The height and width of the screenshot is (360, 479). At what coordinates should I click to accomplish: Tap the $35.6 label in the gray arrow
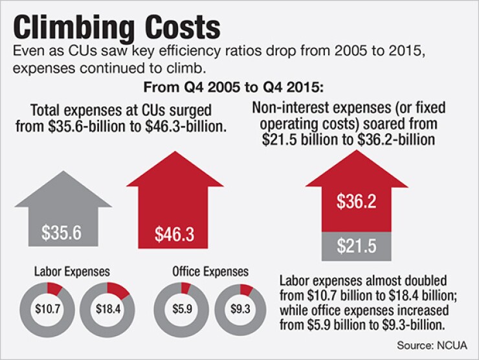[x=62, y=232]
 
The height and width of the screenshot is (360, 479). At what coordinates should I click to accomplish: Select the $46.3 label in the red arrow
[x=174, y=234]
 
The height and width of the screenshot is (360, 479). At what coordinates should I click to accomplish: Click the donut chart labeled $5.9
[x=179, y=308]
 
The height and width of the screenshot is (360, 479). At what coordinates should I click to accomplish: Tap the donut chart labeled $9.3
[x=238, y=308]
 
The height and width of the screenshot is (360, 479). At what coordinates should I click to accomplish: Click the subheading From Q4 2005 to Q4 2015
[x=240, y=86]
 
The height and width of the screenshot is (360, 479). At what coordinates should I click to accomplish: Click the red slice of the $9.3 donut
[x=247, y=289]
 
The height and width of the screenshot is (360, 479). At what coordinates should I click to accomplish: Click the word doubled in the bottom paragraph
[x=428, y=282]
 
